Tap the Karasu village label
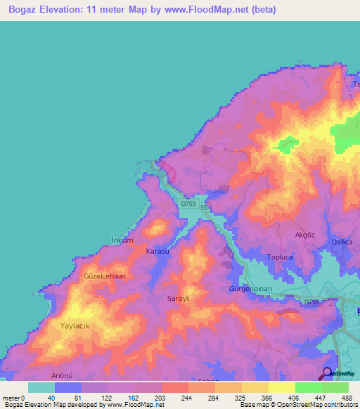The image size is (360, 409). click(x=157, y=251)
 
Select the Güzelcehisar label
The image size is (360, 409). click(x=105, y=277)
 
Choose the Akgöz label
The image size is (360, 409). click(x=306, y=235)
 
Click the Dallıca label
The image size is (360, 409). click(x=342, y=242)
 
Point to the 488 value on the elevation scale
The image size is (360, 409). click(x=345, y=398)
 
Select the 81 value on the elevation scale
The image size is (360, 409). click(x=66, y=398)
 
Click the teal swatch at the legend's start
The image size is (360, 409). click(x=41, y=387)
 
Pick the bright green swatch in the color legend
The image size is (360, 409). click(x=308, y=387)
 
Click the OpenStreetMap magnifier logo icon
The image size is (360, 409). click(x=327, y=374)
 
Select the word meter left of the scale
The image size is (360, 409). click(x=11, y=398)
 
